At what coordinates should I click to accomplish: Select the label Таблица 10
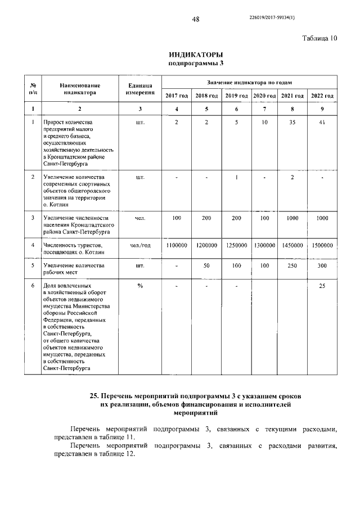pyautogui.click(x=319, y=39)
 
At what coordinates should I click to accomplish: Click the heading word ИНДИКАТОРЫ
pyautogui.click(x=192, y=55)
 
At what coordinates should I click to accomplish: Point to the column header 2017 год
pyautogui.click(x=176, y=96)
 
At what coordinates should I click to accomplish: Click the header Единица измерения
pyautogui.click(x=140, y=88)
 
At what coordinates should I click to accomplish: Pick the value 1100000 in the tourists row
pyautogui.click(x=176, y=246)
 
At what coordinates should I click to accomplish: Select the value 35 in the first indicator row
pyautogui.click(x=292, y=122)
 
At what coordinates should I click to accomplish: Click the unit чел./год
pyautogui.click(x=140, y=246)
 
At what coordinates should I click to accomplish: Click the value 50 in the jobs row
pyautogui.click(x=206, y=265)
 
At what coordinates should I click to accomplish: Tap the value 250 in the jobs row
pyautogui.click(x=292, y=265)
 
